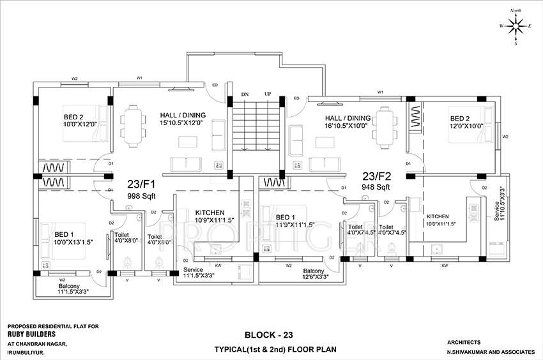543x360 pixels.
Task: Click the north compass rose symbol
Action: point(515,26)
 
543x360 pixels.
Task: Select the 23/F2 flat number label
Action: point(378,176)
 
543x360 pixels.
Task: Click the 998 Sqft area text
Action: point(142,196)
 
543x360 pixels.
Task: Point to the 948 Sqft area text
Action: point(376,188)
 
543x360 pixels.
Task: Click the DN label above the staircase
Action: point(245,94)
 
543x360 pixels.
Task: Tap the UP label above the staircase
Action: point(268,94)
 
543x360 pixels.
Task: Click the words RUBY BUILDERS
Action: point(32,334)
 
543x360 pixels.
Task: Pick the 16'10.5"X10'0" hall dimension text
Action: point(348,126)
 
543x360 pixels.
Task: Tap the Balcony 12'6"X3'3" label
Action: point(314,274)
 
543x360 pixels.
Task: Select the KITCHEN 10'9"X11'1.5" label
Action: point(214,216)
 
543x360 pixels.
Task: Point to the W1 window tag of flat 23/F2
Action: point(380,93)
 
